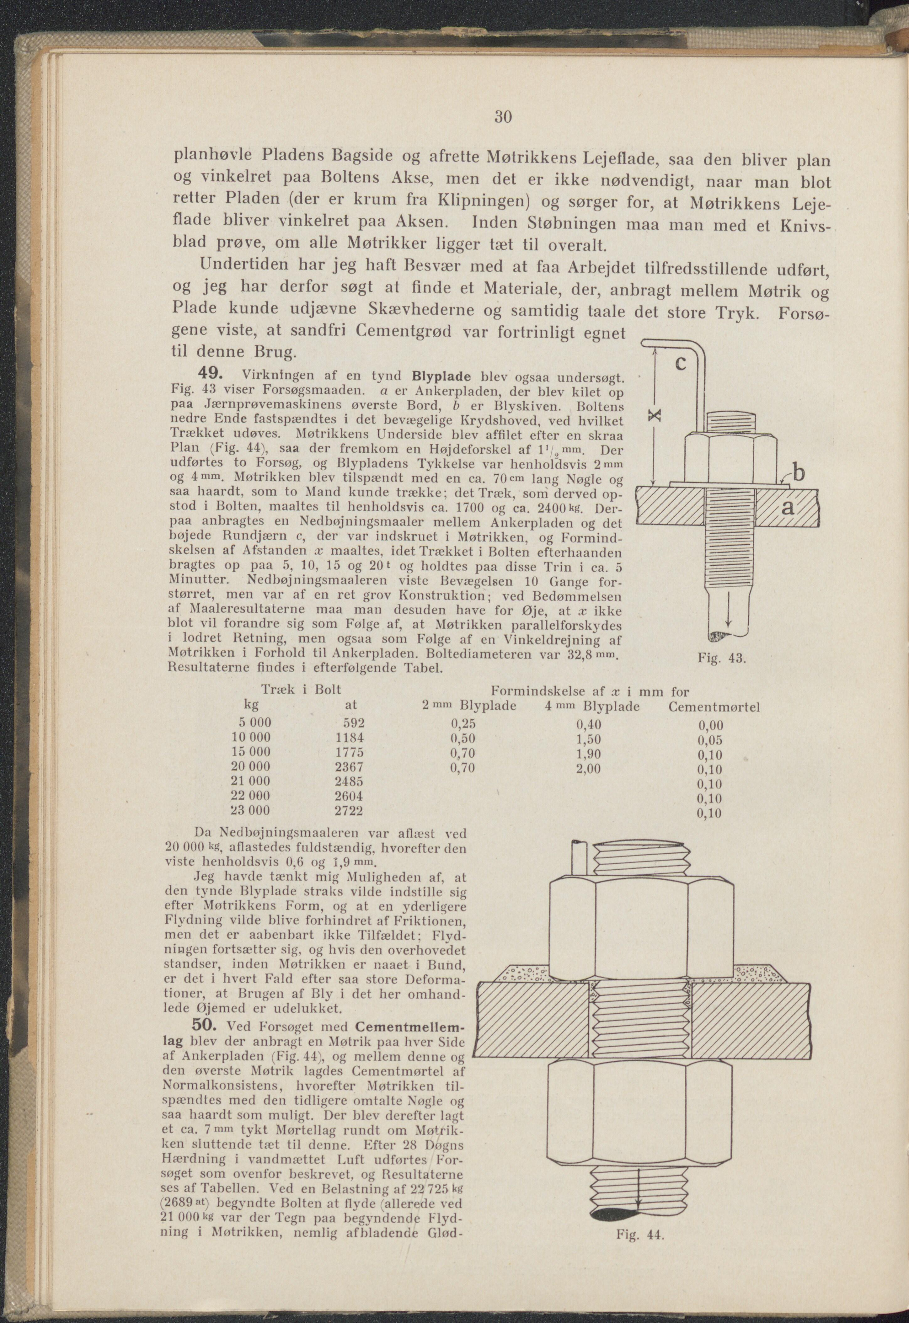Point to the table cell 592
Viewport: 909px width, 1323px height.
coord(353,723)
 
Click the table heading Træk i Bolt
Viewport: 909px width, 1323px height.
coord(301,690)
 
